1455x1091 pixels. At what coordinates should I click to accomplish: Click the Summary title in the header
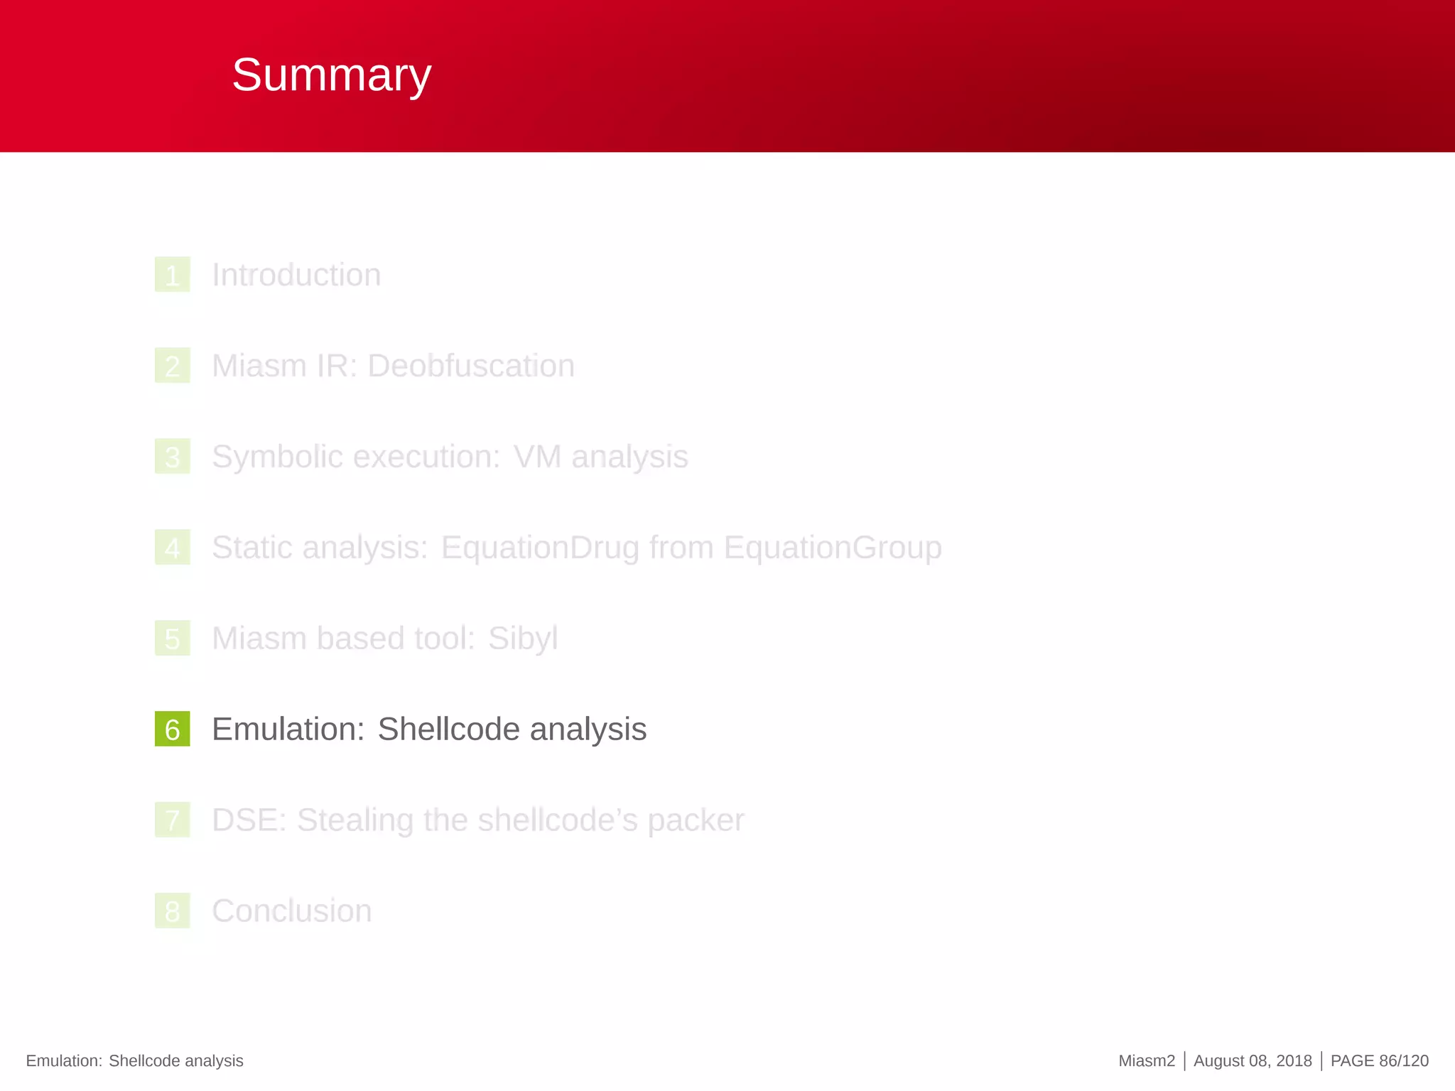pyautogui.click(x=331, y=75)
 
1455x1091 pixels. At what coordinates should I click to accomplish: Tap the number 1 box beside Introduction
pyautogui.click(x=172, y=275)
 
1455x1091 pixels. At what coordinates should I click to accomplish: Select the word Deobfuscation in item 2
pyautogui.click(x=470, y=366)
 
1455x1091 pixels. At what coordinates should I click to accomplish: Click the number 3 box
pyautogui.click(x=172, y=457)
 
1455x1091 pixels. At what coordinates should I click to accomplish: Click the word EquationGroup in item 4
pyautogui.click(x=832, y=548)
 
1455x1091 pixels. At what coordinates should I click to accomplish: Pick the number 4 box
pyautogui.click(x=172, y=548)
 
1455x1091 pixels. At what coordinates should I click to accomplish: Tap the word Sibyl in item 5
pyautogui.click(x=522, y=639)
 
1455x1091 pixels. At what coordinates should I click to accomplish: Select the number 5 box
pyautogui.click(x=172, y=639)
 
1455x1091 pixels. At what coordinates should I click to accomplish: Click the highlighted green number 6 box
pyautogui.click(x=172, y=729)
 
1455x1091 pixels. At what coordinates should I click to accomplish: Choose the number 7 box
pyautogui.click(x=172, y=820)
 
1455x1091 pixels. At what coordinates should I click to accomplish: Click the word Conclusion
pyautogui.click(x=291, y=911)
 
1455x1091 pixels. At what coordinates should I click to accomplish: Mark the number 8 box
pyautogui.click(x=172, y=911)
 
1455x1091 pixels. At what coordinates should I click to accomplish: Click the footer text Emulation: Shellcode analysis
pyautogui.click(x=134, y=1060)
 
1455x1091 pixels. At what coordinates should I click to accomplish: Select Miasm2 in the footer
pyautogui.click(x=1146, y=1060)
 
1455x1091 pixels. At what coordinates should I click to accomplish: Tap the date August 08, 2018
pyautogui.click(x=1252, y=1060)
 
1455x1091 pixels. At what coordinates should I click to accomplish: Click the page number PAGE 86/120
pyautogui.click(x=1378, y=1060)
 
